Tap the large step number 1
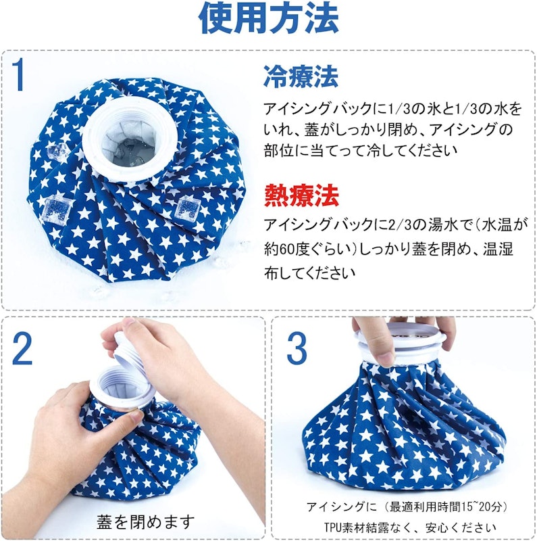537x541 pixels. pos(18,74)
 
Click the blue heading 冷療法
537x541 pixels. pos(301,76)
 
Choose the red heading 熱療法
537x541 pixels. pos(301,195)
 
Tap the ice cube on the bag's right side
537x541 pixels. pos(185,207)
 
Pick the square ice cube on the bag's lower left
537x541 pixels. pos(56,208)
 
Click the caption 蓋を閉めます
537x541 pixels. pos(145,521)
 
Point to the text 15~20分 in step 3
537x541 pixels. pos(474,507)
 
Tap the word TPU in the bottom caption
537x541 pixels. pos(332,527)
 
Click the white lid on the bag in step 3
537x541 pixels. pos(401,336)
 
